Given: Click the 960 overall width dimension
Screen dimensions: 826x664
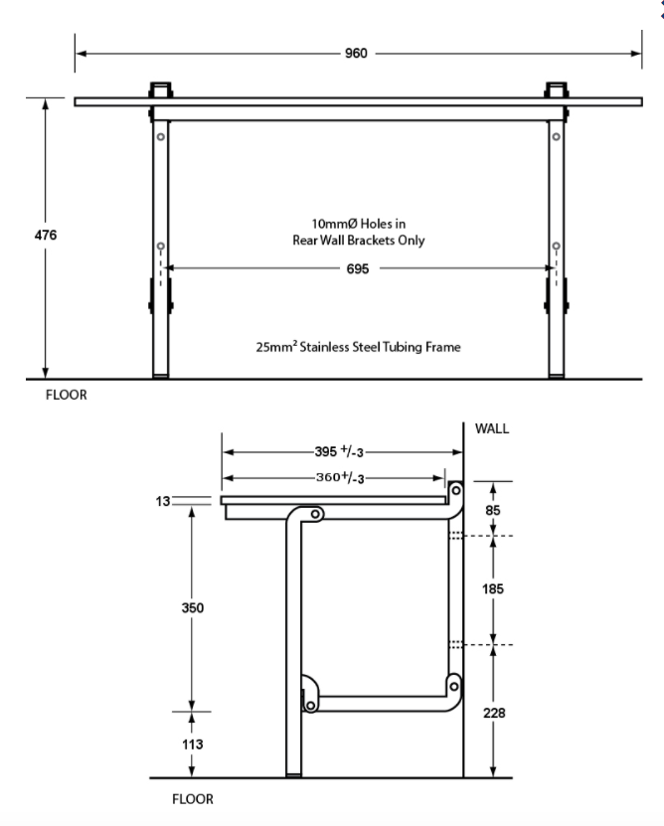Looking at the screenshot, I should [x=356, y=54].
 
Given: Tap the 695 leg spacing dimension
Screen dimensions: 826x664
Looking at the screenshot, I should [x=357, y=268].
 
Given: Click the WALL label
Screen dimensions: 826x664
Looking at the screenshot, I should [x=494, y=429].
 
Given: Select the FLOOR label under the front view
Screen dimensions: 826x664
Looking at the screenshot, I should [x=66, y=394].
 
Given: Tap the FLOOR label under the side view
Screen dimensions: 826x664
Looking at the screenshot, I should [x=193, y=798].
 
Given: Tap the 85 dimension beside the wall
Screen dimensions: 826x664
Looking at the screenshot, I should [x=493, y=509].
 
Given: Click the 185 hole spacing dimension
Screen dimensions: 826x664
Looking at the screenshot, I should [x=493, y=589].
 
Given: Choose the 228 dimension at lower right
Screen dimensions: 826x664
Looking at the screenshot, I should [x=493, y=713].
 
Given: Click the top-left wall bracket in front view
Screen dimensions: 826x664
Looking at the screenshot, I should [x=160, y=89].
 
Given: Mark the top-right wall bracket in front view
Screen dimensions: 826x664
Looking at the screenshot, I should [x=555, y=89].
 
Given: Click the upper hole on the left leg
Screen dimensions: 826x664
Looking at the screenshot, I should [x=160, y=135].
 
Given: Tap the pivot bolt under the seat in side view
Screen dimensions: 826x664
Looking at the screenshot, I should [x=315, y=515].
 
